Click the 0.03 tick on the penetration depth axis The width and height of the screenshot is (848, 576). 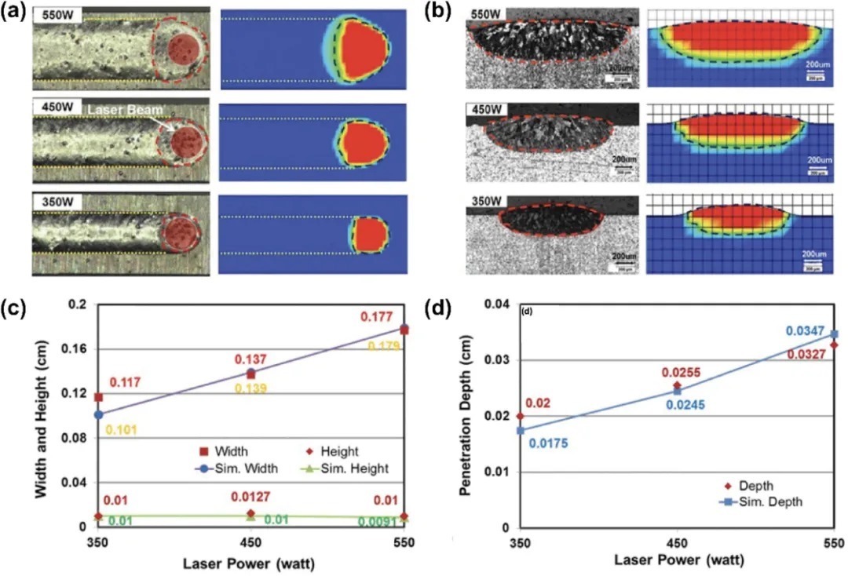click(x=499, y=360)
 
